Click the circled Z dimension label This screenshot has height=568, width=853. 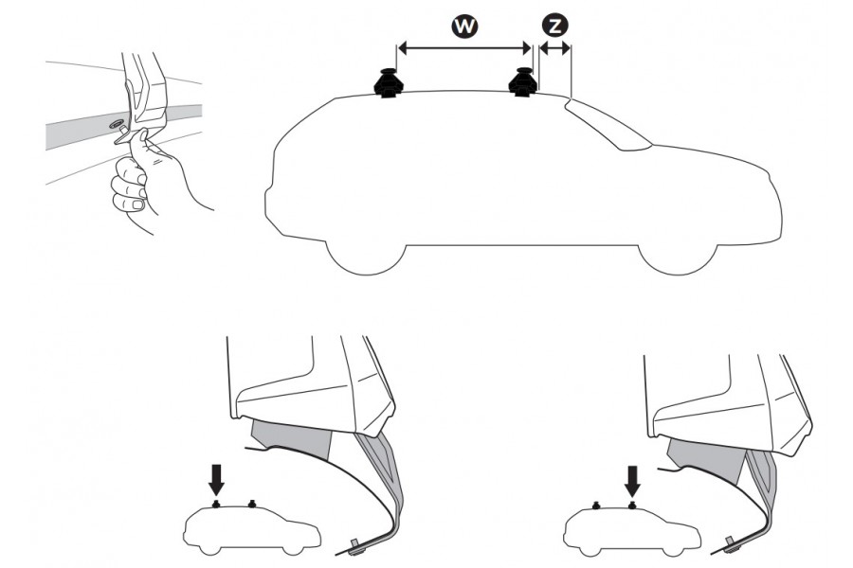tap(553, 27)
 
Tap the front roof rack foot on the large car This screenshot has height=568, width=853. tap(522, 83)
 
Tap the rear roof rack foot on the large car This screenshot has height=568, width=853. tap(390, 83)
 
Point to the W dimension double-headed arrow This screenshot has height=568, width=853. tap(463, 46)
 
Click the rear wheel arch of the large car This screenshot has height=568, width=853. tap(364, 254)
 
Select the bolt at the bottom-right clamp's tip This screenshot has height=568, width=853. tap(733, 542)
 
